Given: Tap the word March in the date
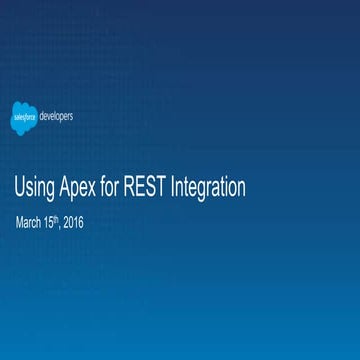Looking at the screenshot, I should coord(30,221).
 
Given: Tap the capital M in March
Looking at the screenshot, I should coord(19,221).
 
